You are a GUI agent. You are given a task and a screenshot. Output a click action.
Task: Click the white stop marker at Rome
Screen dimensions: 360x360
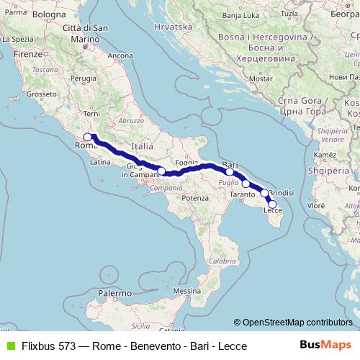pyautogui.click(x=87, y=137)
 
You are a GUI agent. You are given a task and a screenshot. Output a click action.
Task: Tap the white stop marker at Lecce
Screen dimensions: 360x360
pyautogui.click(x=272, y=204)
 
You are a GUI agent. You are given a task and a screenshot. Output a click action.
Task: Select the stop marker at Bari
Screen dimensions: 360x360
pyautogui.click(x=230, y=171)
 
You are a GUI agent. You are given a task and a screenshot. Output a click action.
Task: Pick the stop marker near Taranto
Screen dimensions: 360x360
pyautogui.click(x=246, y=184)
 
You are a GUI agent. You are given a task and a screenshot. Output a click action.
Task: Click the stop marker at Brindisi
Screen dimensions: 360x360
pyautogui.click(x=265, y=193)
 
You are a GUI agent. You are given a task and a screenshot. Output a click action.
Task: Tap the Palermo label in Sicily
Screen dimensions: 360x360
pyautogui.click(x=115, y=294)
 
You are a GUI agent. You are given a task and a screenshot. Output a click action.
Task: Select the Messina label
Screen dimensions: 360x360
pyautogui.click(x=186, y=291)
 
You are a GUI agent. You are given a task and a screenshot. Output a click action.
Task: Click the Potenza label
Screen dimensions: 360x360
pyautogui.click(x=194, y=197)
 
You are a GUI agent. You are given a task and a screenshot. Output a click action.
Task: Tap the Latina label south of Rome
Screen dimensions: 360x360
pyautogui.click(x=100, y=162)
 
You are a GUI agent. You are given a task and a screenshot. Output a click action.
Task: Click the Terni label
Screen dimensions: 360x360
pyautogui.click(x=91, y=114)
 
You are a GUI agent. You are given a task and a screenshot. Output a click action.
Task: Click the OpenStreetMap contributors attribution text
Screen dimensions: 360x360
pyautogui.click(x=297, y=323)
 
